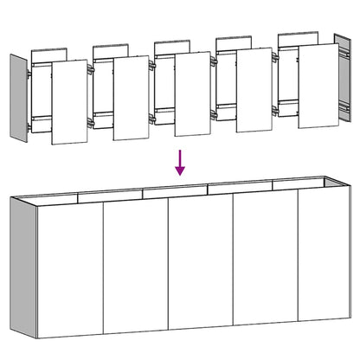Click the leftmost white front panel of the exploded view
[70, 101]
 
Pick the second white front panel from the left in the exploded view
[132, 98]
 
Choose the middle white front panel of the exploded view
[193, 94]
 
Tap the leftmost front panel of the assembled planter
[68, 270]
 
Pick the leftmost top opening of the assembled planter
[61, 196]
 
